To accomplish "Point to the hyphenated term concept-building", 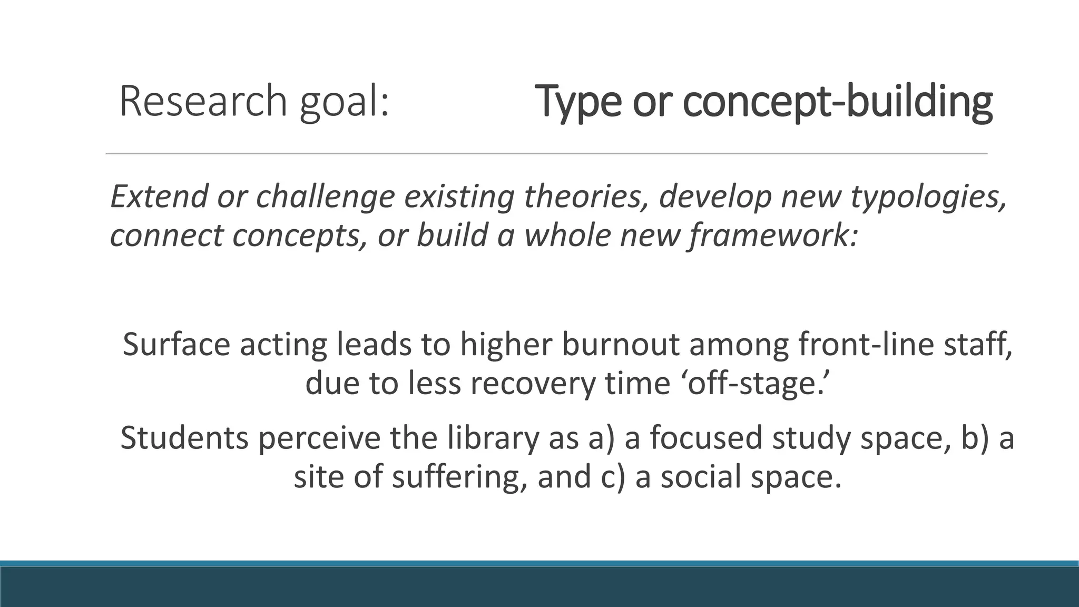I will (837, 102).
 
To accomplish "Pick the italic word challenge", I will (326, 197).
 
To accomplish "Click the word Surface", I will (176, 345).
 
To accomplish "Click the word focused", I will (706, 438).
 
